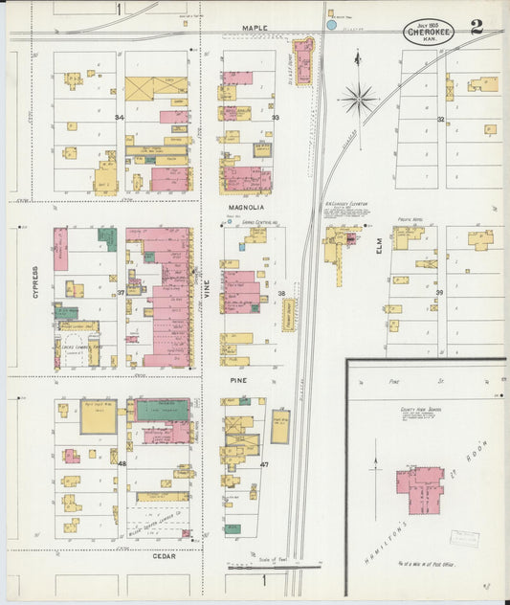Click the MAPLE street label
(x=255, y=29)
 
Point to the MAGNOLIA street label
(x=246, y=207)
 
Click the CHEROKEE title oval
(x=429, y=30)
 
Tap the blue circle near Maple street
(x=331, y=25)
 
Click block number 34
(x=120, y=118)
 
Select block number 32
(x=440, y=120)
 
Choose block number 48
(x=122, y=464)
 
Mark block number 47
(x=264, y=465)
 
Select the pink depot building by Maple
(x=303, y=61)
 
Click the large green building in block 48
(x=162, y=411)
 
